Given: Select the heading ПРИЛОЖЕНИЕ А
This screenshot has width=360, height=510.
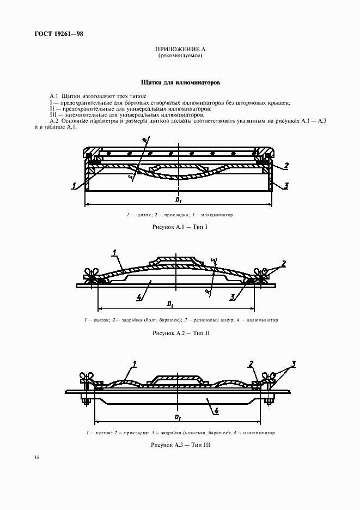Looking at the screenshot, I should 180,50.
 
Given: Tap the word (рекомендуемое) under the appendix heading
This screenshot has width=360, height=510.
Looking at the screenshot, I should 180,56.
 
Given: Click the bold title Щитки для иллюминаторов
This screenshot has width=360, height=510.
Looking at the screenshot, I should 180,84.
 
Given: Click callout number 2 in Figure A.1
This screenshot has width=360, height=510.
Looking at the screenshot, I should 286,166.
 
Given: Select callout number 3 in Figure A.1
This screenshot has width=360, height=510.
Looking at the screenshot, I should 286,186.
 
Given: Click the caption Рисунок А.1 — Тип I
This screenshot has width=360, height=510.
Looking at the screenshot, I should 180,226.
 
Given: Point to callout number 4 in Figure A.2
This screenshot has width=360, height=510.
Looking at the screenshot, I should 139,297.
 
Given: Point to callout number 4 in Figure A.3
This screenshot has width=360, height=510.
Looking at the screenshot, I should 216,411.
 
